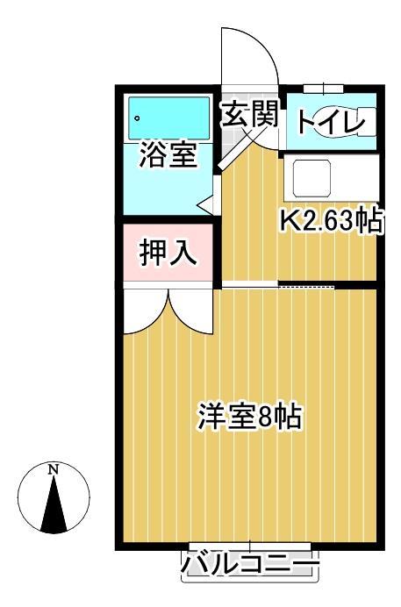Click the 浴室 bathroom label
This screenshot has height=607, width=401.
(x=167, y=157)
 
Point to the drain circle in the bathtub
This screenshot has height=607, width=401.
(x=139, y=114)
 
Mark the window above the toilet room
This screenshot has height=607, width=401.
(x=324, y=87)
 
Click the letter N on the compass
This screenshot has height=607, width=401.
(x=54, y=468)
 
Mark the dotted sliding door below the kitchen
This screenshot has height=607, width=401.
(x=306, y=286)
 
